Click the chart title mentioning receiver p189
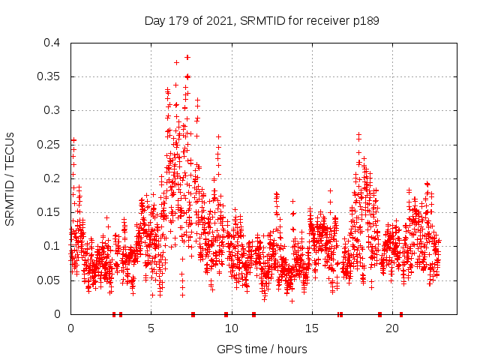262,21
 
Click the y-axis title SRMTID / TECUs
10,179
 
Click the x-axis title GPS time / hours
262,349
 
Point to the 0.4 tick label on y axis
52,43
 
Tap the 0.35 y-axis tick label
49,76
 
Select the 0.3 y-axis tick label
52,110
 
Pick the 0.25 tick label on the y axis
49,145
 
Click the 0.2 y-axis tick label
52,178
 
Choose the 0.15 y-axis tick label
49,212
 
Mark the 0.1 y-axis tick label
52,246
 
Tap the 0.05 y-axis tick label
49,280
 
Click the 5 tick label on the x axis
151,328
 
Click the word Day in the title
154,21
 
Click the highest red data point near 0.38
187,57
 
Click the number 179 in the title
178,21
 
